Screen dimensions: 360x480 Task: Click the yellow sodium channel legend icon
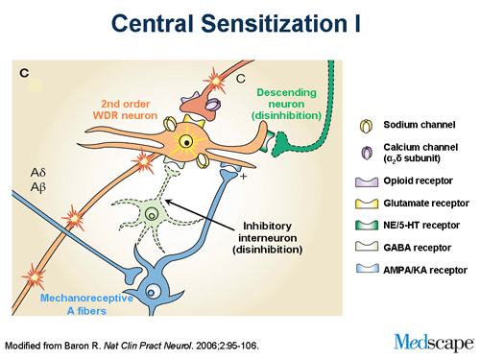[364, 125]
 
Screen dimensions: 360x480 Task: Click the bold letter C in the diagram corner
[26, 73]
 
